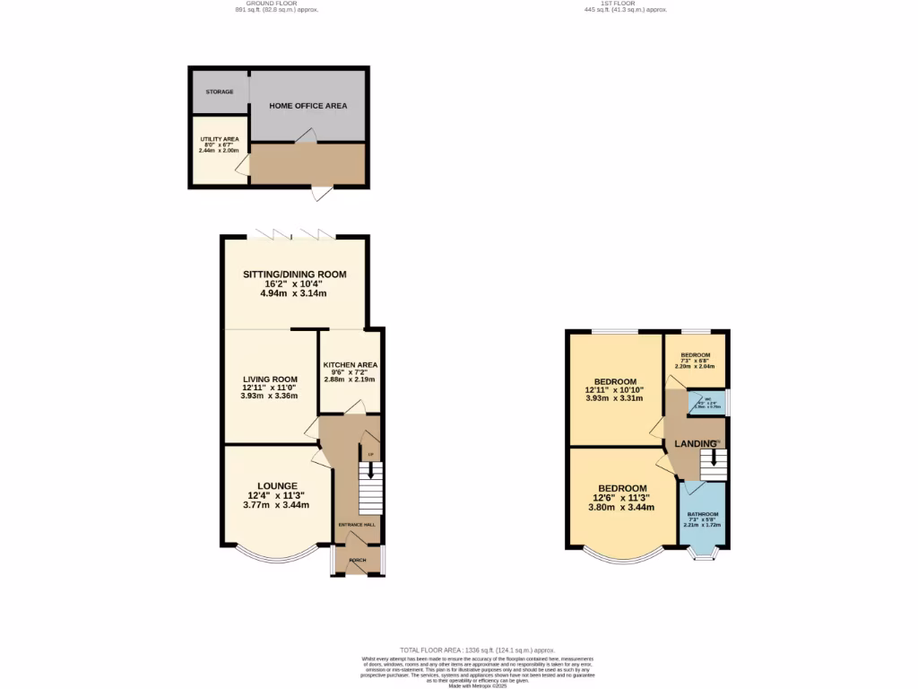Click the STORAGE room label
coord(220,92)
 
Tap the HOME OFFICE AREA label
coord(308,106)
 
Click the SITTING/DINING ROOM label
coord(294,275)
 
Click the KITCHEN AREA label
coord(350,364)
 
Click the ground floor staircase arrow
coord(370,472)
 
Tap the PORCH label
coord(358,560)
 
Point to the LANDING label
coord(696,444)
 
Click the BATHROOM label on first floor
coord(702,514)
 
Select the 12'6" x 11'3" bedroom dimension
coord(620,498)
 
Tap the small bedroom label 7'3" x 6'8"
coord(695,361)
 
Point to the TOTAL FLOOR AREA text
coord(478,650)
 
